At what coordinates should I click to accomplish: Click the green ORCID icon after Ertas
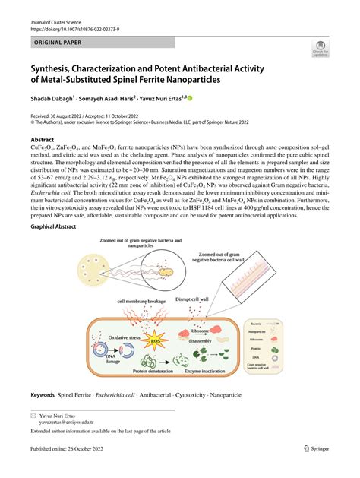(x=190, y=98)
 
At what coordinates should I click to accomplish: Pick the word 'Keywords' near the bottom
(x=42, y=395)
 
